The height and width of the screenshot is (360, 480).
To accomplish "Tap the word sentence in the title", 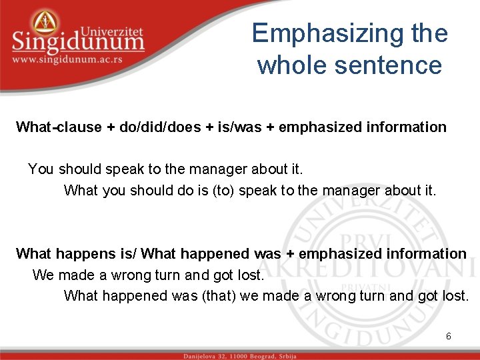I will (401, 65).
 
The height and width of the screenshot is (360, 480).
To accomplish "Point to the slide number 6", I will (449, 336).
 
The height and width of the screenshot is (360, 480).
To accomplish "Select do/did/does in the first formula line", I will (158, 127).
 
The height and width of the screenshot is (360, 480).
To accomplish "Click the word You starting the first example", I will (40, 169).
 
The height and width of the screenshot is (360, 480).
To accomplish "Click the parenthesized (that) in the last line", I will (218, 295).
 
